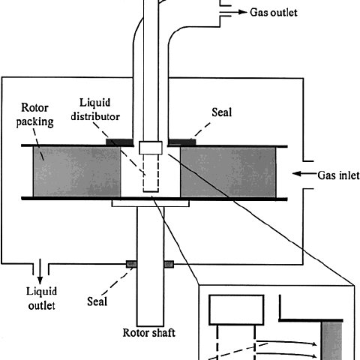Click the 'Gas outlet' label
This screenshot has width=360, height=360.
(x=274, y=12)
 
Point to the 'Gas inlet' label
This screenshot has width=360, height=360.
(x=338, y=175)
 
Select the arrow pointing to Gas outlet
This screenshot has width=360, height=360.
(x=233, y=12)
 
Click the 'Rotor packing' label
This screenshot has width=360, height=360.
(x=34, y=115)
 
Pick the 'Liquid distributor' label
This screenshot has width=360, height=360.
(x=95, y=109)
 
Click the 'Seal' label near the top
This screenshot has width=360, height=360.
(x=222, y=112)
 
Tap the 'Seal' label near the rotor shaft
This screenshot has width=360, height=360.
(x=97, y=301)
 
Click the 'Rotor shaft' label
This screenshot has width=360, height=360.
(x=149, y=333)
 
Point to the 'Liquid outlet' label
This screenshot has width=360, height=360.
(x=41, y=298)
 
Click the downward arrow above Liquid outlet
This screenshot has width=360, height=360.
(x=40, y=271)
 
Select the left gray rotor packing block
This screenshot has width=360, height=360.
(x=77, y=172)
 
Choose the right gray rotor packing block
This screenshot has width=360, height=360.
(x=228, y=172)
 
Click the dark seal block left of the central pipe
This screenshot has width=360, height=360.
(x=119, y=142)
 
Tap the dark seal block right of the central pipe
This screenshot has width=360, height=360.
(x=182, y=142)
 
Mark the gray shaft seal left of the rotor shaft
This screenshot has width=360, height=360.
(x=131, y=264)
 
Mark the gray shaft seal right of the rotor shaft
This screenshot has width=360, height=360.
(x=169, y=264)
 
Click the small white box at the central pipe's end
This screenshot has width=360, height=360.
(x=151, y=148)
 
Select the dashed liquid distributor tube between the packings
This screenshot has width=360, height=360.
(x=151, y=173)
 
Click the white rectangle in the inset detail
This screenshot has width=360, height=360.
(x=236, y=310)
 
